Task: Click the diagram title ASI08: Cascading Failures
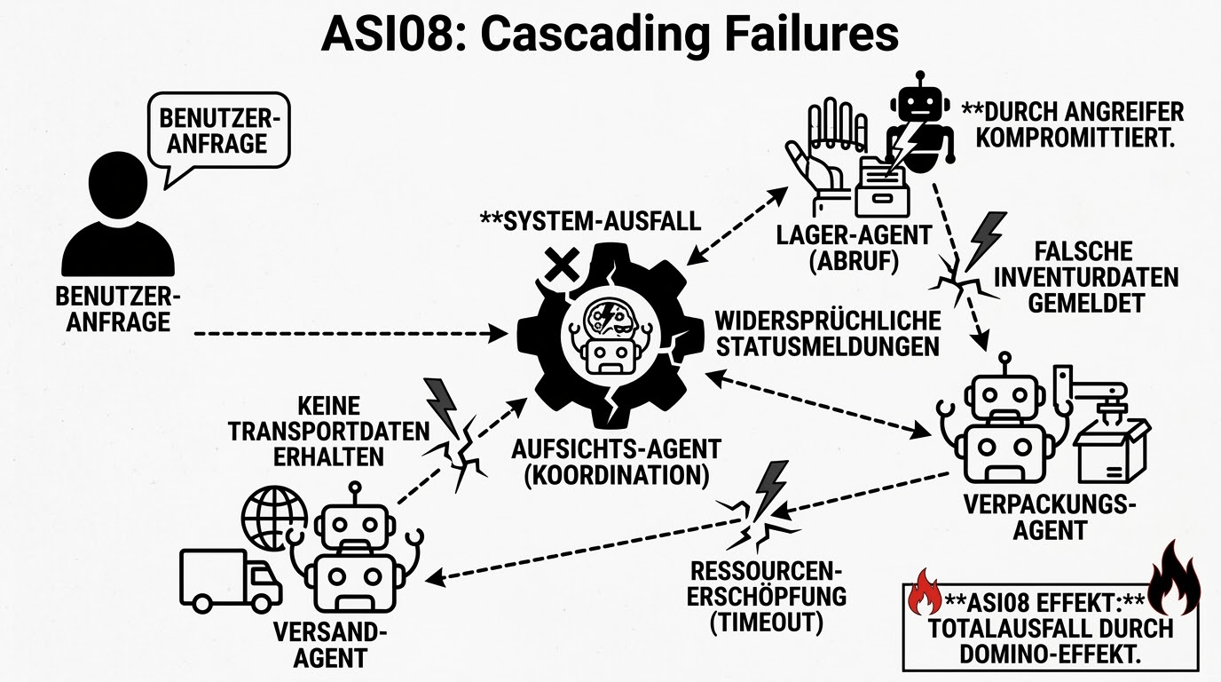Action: (610, 36)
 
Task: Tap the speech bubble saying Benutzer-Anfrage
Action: (220, 131)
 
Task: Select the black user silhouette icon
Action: (118, 218)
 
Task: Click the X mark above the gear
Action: (561, 262)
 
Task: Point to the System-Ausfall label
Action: (590, 219)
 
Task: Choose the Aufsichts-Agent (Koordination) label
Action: (616, 461)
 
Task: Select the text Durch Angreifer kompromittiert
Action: (1072, 125)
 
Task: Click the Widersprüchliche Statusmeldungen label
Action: (827, 333)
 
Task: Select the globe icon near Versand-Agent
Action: (274, 517)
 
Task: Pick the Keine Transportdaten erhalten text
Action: (329, 432)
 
